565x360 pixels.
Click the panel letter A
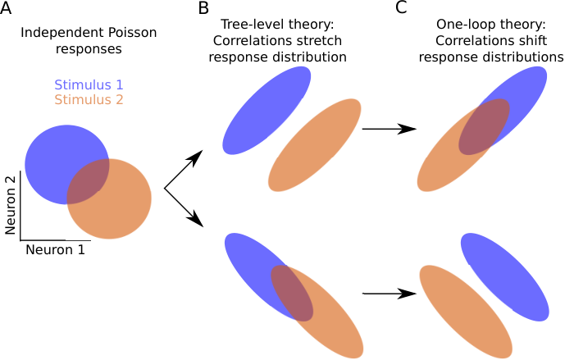6,7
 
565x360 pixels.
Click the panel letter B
203,7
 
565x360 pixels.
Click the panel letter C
401,7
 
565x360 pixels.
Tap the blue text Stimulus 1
89,84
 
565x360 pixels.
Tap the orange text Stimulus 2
89,99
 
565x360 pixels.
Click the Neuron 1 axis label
55,250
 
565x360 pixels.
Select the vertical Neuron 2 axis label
10,205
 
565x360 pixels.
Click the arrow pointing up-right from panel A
184,170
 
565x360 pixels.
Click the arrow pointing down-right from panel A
184,207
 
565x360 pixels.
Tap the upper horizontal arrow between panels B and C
390,129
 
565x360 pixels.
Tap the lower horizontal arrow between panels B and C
390,294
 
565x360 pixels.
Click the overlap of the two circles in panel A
89,181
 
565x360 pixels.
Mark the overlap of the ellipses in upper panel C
484,127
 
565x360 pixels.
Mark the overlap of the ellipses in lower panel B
292,293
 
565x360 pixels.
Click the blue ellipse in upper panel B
267,110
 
